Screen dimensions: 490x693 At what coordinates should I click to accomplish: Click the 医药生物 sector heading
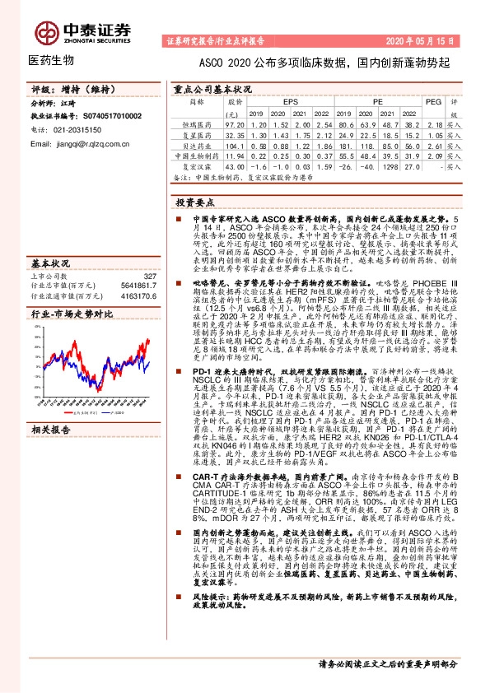pos(51,61)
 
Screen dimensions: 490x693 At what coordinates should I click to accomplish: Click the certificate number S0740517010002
pos(108,117)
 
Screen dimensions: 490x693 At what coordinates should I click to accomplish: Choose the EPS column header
pos(291,100)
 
